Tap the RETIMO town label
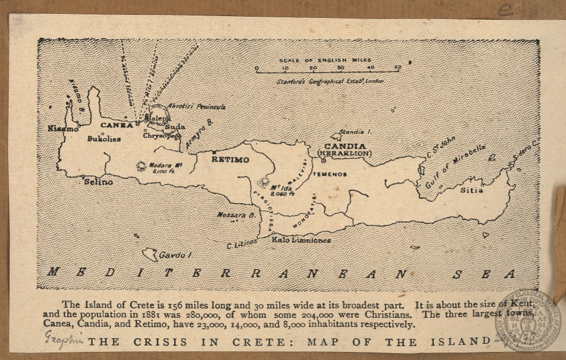coord(230,159)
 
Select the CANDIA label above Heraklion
coord(345,146)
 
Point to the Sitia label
coord(472,189)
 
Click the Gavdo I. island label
coord(175,254)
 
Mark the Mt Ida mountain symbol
coord(264,182)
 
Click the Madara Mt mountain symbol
coord(141,166)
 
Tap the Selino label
coord(98,182)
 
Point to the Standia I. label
coord(355,132)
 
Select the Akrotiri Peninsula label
coord(196,107)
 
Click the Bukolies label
coord(104,139)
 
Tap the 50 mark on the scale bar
coord(398,67)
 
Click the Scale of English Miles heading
coord(325,60)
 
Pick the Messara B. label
coord(235,215)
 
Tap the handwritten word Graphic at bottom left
coord(63,339)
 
